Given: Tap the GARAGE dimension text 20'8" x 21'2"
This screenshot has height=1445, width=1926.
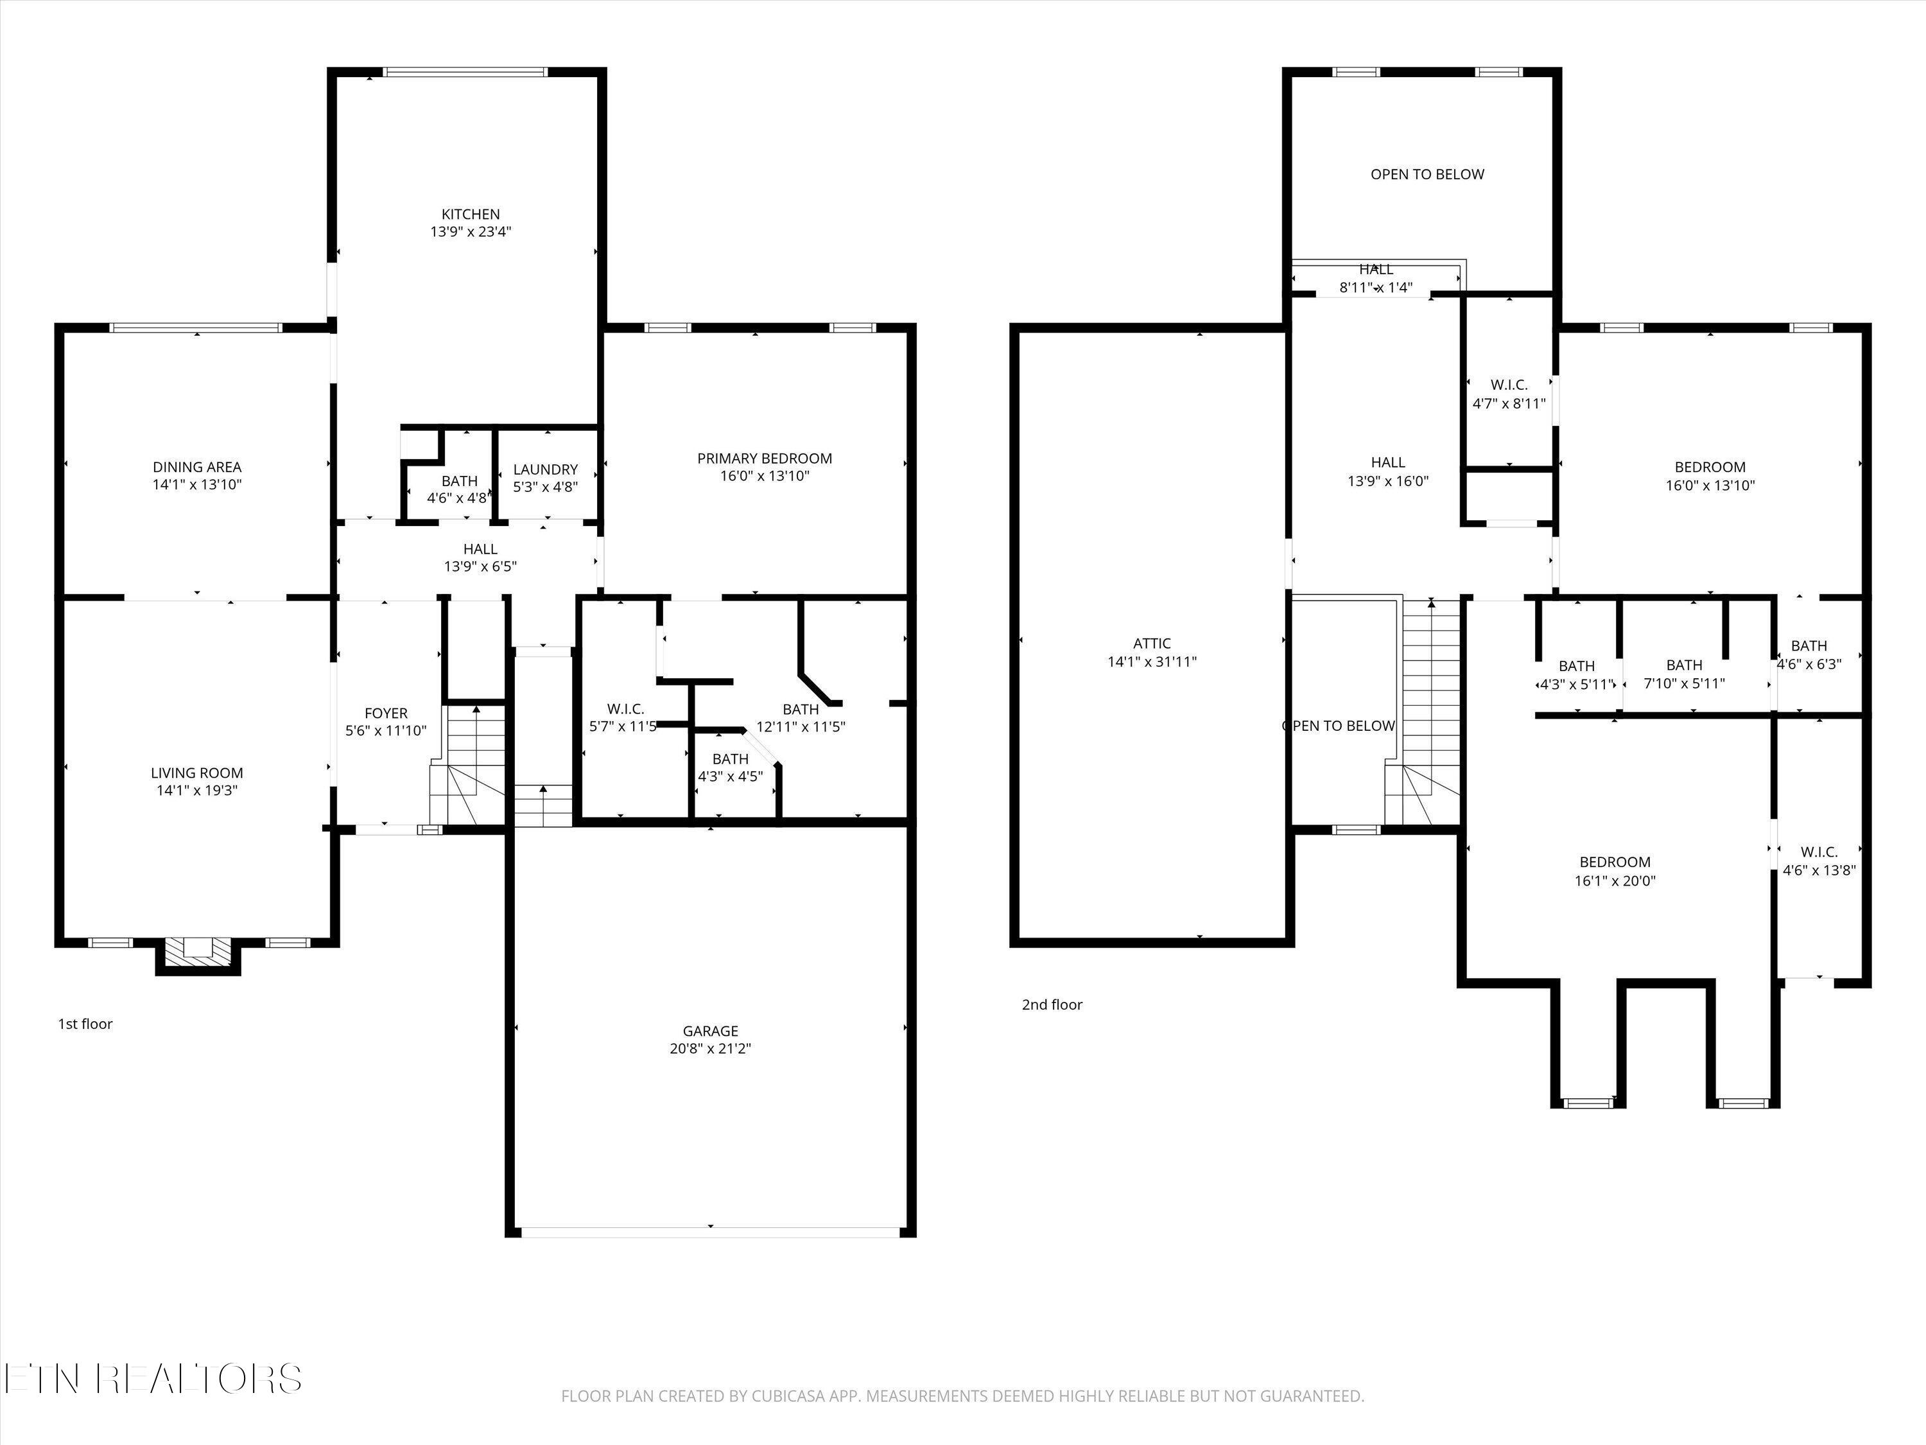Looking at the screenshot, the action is [711, 1049].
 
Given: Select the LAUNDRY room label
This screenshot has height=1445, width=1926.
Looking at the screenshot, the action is [545, 469].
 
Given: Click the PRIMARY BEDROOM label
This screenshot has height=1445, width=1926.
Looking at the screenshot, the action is [765, 458].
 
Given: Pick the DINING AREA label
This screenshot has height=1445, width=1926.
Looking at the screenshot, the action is [197, 467].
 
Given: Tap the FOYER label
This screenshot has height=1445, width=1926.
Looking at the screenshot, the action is [386, 714].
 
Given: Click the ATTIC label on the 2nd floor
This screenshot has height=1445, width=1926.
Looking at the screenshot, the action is [1151, 644].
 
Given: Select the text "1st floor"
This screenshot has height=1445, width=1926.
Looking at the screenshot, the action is [85, 1024].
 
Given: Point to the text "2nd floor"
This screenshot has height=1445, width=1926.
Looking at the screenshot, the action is [1052, 1004].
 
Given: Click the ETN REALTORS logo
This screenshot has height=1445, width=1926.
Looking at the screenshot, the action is [153, 1378].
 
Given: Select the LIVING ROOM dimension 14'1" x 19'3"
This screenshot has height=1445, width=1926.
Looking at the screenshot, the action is [197, 791].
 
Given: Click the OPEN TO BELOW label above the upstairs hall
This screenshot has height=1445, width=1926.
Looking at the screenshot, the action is [1427, 174].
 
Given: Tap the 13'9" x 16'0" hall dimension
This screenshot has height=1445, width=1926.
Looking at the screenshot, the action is [1388, 481].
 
